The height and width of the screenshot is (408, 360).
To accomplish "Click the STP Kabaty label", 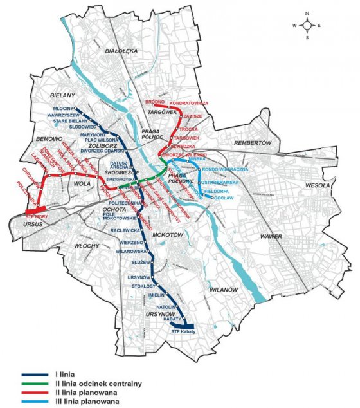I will pyautogui.click(x=183, y=331).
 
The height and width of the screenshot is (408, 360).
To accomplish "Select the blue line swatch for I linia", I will pyautogui.click(x=39, y=375).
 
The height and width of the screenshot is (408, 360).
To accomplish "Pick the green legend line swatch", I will pyautogui.click(x=39, y=384).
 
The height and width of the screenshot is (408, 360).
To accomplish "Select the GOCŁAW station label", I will pyautogui.click(x=221, y=199).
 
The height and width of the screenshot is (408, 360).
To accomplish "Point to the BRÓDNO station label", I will pyautogui.click(x=155, y=102).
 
